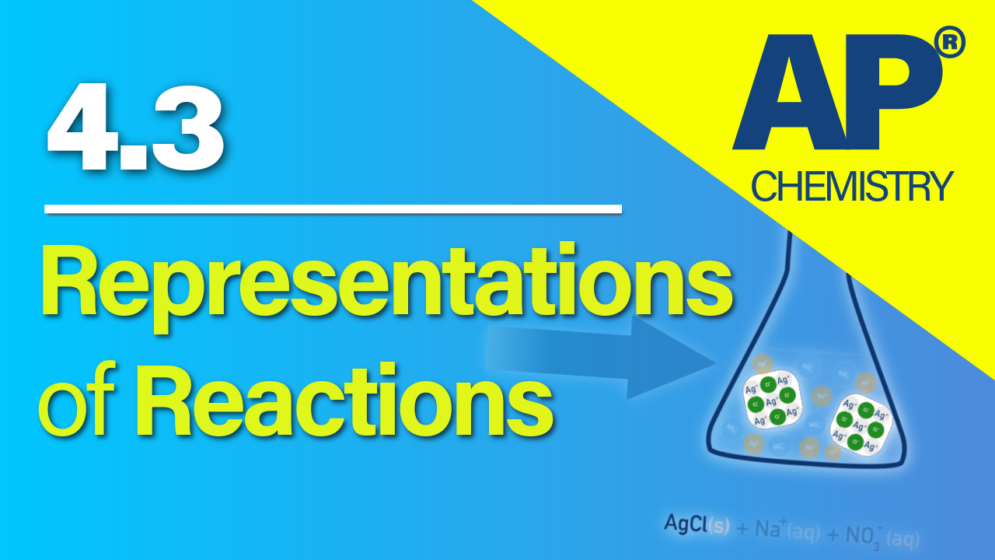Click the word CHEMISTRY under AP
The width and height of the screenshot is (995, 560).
tap(852, 187)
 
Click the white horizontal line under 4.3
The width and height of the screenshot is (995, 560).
tap(333, 208)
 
